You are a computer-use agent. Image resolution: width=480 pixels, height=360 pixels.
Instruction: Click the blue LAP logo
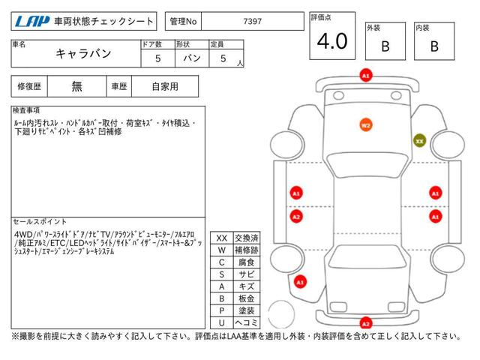coord(32,22)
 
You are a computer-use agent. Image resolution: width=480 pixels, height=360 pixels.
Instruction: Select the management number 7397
coord(252,22)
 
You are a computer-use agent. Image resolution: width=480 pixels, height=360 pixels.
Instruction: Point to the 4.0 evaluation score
coord(332,41)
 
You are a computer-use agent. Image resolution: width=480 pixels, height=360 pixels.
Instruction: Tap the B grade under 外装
coord(385,46)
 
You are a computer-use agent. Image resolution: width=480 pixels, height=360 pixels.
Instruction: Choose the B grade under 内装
coord(434,46)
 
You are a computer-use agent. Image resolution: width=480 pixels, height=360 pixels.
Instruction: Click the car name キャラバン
coord(83,53)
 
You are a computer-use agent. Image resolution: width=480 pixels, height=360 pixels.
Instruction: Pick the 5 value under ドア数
coord(158,58)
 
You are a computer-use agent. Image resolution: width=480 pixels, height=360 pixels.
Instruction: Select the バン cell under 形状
coord(192,58)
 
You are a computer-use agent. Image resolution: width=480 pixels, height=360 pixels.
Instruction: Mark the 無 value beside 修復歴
coord(76,87)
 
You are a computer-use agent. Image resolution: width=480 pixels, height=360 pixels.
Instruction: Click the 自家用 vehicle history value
coord(165,87)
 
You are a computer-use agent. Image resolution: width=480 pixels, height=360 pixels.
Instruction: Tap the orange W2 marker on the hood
coord(366,125)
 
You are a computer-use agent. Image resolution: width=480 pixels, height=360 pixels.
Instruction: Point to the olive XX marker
coord(419,141)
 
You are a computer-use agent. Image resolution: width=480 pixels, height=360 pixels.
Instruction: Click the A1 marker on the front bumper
coord(366,76)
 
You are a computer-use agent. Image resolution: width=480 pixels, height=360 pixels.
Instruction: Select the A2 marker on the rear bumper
coord(366,323)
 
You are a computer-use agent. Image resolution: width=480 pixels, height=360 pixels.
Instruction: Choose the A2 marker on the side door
coord(296,217)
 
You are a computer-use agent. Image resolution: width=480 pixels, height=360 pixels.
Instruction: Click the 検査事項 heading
coord(26,110)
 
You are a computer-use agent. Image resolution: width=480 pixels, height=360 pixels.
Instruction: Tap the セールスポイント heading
coord(40,221)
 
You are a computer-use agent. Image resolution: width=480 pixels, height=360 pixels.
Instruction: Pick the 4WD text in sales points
coord(23,235)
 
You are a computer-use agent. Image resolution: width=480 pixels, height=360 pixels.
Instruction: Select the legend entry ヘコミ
coord(247,322)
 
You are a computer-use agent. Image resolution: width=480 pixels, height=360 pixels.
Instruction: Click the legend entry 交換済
coord(247,238)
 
